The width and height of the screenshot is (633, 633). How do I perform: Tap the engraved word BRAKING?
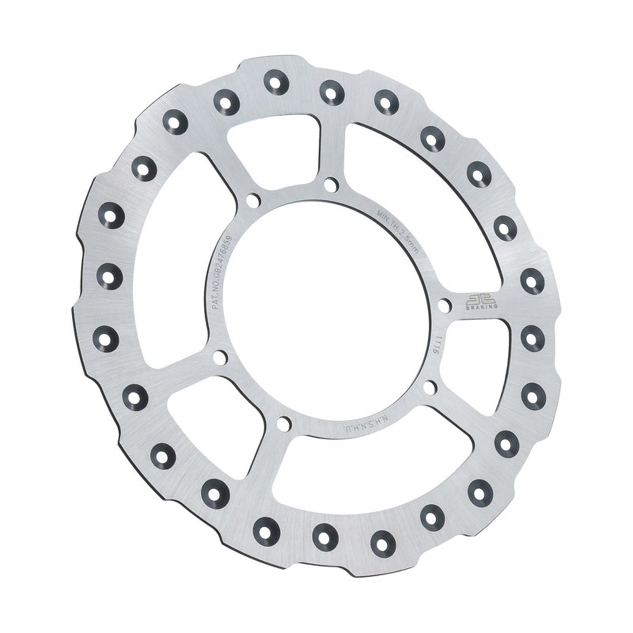(x=481, y=308)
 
